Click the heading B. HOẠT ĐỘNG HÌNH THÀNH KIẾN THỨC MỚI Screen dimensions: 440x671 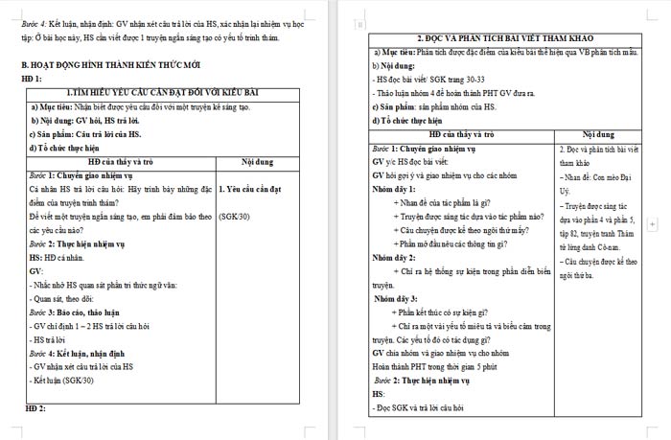pos(111,64)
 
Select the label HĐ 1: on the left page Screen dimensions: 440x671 pos(34,79)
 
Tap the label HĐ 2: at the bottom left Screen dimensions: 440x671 pos(34,409)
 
